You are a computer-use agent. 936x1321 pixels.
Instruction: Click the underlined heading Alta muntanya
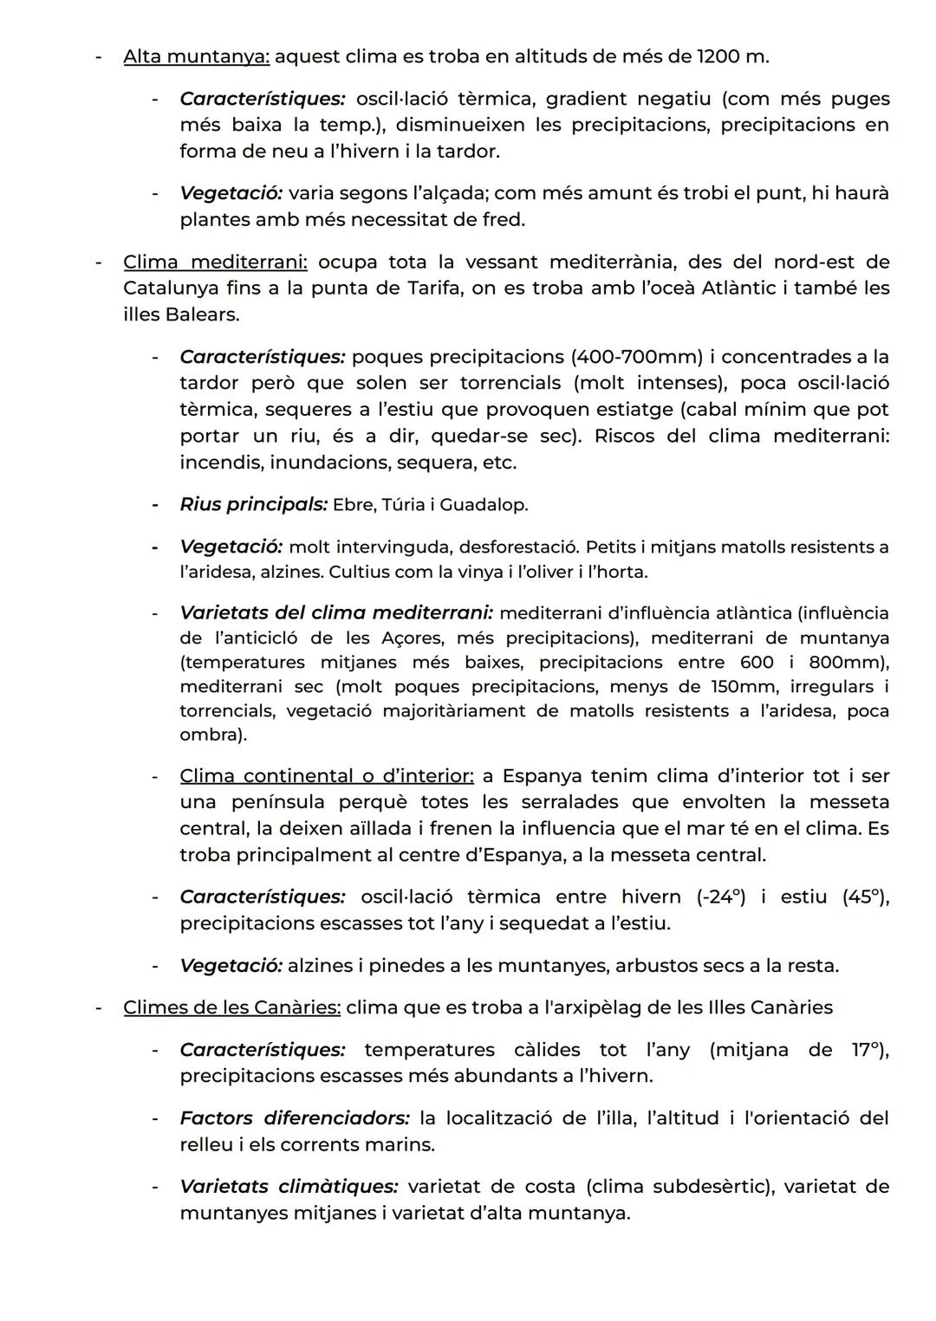coord(197,57)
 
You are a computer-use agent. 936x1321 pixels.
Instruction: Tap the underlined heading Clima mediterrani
coord(215,262)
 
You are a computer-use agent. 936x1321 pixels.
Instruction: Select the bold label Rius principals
coord(253,504)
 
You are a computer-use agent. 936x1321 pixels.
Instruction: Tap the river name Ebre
coord(352,504)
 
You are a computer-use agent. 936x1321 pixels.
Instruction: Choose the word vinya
coord(495,573)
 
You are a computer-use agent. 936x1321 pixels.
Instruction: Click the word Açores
coord(412,638)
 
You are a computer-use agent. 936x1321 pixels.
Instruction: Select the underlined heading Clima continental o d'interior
coord(327,776)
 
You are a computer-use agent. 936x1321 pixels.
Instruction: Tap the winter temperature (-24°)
coord(720,897)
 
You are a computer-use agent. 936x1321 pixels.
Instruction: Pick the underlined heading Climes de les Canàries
coord(231,1008)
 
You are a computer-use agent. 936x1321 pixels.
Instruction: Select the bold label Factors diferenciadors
coord(295,1118)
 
